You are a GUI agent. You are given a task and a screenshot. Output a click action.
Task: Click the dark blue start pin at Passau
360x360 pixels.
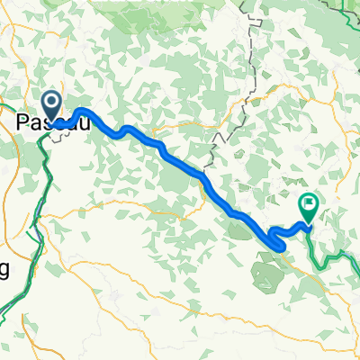pos(51,105)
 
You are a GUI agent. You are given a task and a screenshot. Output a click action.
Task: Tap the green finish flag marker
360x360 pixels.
pos(309,206)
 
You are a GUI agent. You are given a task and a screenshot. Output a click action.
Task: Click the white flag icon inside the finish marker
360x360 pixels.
pos(309,203)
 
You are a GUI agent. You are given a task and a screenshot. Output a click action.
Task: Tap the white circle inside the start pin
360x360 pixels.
pos(51,103)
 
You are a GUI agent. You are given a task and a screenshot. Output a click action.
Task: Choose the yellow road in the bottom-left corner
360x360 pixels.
pos(27,306)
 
